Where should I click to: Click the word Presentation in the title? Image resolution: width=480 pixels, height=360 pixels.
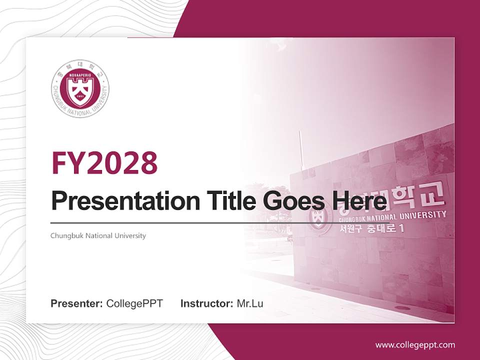click(x=118, y=201)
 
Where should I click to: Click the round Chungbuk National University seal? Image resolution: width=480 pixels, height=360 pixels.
click(x=80, y=88)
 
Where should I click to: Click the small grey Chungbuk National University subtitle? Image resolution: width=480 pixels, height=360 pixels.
click(x=98, y=235)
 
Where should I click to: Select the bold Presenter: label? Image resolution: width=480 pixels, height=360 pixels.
click(x=77, y=303)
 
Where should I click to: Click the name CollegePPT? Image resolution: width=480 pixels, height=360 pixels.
click(x=134, y=303)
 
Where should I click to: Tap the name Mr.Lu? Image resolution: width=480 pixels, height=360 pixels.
click(x=250, y=303)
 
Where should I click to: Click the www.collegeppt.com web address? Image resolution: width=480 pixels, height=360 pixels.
click(x=415, y=344)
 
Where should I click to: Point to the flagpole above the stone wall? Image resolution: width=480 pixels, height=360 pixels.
click(x=301, y=150)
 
